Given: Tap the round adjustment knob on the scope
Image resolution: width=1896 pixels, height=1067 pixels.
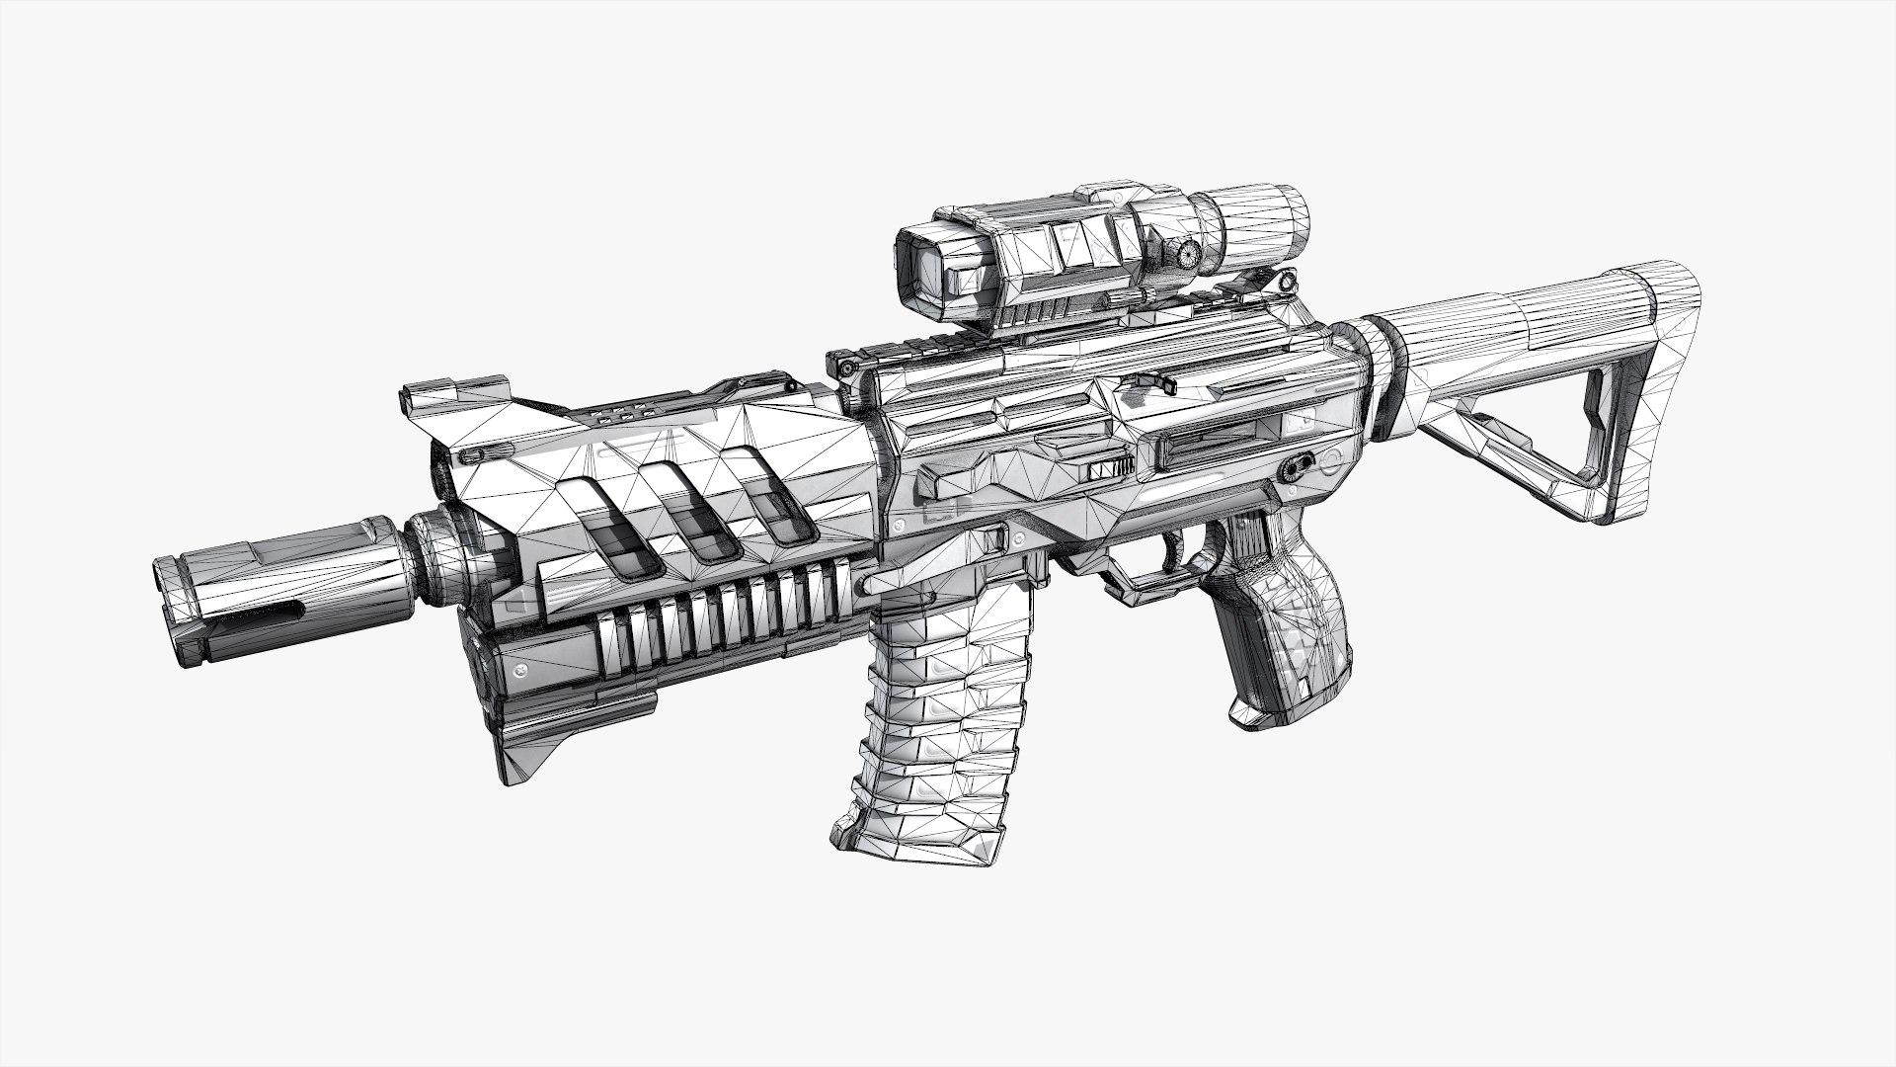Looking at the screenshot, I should point(1188,254).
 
